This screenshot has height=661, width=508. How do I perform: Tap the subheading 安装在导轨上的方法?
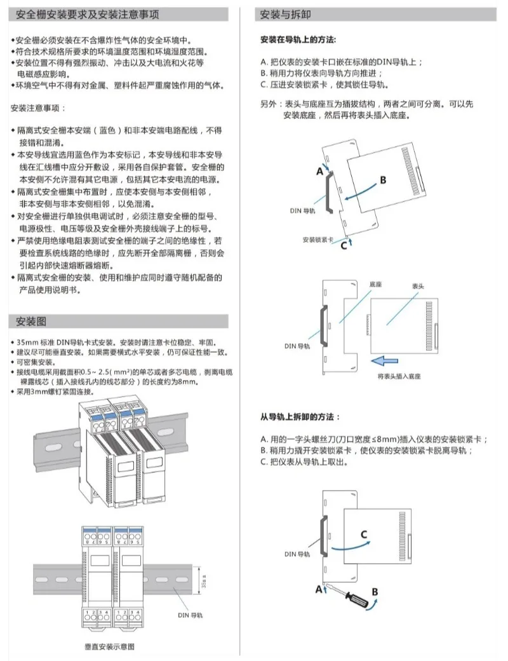pyautogui.click(x=298, y=39)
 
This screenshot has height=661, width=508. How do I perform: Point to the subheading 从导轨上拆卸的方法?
pyautogui.click(x=300, y=417)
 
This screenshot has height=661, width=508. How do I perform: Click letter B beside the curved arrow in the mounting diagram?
pyautogui.click(x=382, y=180)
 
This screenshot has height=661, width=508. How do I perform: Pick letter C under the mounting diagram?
pyautogui.click(x=344, y=245)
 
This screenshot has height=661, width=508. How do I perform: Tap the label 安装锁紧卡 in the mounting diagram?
pyautogui.click(x=317, y=240)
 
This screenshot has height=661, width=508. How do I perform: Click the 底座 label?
pyautogui.click(x=375, y=285)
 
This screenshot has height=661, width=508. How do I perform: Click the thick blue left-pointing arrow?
pyautogui.click(x=388, y=361)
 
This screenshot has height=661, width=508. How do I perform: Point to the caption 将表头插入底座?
pyautogui.click(x=399, y=376)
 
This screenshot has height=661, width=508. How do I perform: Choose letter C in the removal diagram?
pyautogui.click(x=364, y=534)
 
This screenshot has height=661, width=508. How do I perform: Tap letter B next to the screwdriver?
pyautogui.click(x=375, y=591)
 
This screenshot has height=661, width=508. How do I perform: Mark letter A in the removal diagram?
pyautogui.click(x=318, y=589)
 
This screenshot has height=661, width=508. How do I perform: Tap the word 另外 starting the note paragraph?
pyautogui.click(x=269, y=104)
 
